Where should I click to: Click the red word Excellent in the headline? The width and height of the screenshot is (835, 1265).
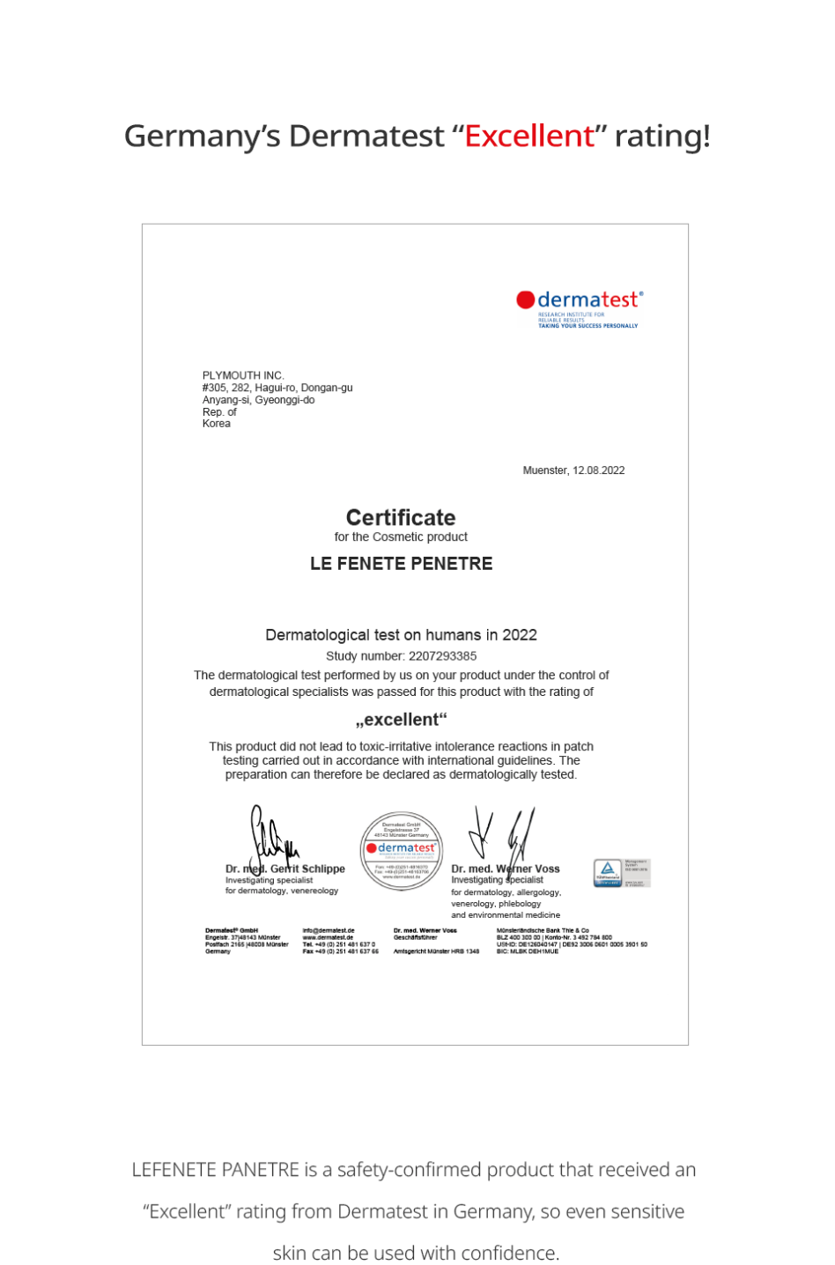(x=529, y=137)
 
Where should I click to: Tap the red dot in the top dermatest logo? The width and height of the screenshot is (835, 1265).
(x=526, y=300)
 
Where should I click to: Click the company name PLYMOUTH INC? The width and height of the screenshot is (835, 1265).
(x=243, y=375)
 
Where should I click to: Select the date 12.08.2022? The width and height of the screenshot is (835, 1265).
(x=598, y=470)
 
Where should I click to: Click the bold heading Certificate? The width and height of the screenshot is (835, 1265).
(x=401, y=517)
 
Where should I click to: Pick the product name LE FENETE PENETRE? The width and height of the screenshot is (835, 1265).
(x=401, y=564)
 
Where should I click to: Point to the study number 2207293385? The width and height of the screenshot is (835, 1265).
(x=442, y=656)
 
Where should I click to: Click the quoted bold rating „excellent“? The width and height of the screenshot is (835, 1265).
(x=401, y=720)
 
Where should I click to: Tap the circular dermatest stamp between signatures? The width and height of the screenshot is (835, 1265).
(x=401, y=851)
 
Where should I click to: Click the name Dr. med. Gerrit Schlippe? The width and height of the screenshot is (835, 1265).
(x=285, y=869)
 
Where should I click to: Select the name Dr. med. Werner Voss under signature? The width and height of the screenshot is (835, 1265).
(x=506, y=869)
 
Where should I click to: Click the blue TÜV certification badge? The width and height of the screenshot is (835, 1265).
(x=608, y=872)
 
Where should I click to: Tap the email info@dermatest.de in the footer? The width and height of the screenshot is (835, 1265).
(x=329, y=930)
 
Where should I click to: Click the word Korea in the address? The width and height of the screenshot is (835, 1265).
(x=217, y=424)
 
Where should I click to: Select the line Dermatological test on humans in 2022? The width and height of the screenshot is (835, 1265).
(x=401, y=635)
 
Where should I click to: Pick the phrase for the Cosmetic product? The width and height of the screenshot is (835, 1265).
(x=401, y=537)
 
